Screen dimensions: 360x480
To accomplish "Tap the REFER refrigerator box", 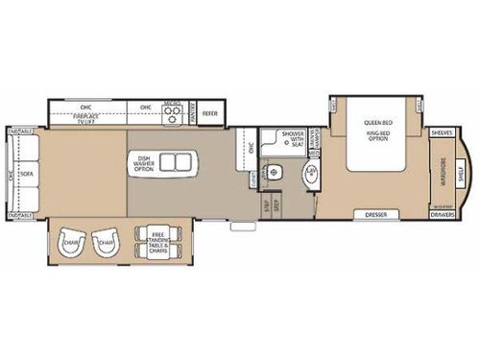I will coord(210,112).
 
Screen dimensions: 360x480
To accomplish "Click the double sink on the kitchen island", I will coord(173,160).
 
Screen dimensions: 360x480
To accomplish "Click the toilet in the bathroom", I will coord(277,172).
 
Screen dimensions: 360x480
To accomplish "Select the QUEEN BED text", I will coord(373,123).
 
